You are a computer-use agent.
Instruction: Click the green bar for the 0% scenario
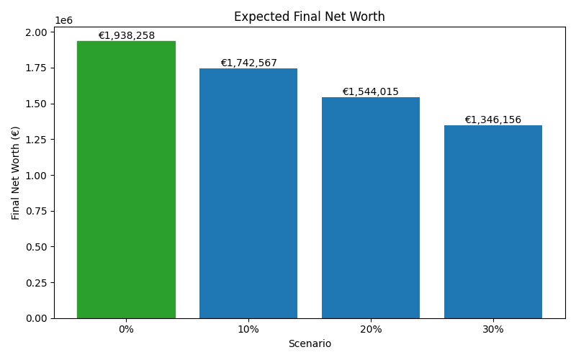click(x=126, y=180)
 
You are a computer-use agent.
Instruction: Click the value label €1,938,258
click(x=127, y=36)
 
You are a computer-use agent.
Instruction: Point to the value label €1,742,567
click(x=248, y=63)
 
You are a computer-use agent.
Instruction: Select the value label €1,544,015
click(x=371, y=92)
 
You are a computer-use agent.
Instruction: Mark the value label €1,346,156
click(x=493, y=120)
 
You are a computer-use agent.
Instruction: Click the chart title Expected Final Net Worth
click(x=310, y=17)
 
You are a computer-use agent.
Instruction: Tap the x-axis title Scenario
click(x=310, y=344)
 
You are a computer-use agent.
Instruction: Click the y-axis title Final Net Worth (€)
click(x=16, y=173)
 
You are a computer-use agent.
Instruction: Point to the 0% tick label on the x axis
click(x=126, y=329)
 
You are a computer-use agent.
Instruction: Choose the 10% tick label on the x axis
click(x=248, y=329)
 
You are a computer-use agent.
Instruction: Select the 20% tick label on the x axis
click(x=371, y=329)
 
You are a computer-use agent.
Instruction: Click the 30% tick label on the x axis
click(x=493, y=329)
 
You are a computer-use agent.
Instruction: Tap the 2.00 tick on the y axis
click(x=36, y=32)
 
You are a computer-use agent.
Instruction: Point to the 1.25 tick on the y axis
click(x=36, y=139)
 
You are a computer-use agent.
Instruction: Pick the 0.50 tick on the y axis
click(x=36, y=247)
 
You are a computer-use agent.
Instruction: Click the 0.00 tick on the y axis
click(x=36, y=318)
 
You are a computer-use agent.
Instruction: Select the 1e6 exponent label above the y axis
click(x=63, y=20)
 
